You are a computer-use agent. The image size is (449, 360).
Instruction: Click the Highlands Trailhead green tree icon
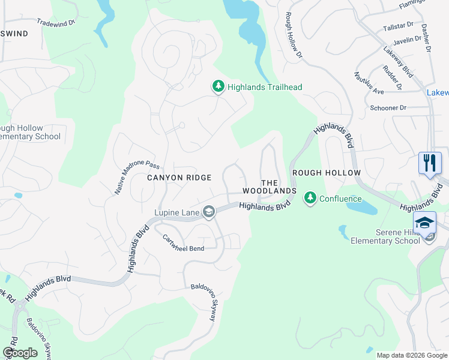(218, 87)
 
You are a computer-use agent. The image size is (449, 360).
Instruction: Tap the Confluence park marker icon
(310, 198)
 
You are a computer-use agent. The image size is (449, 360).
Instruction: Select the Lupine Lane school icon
(208, 211)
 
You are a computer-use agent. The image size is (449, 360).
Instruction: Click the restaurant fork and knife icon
(430, 163)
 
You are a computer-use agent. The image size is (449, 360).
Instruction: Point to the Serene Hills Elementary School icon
(425, 223)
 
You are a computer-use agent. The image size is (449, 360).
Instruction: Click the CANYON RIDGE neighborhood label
(179, 178)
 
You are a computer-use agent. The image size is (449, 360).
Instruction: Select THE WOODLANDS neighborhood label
(270, 187)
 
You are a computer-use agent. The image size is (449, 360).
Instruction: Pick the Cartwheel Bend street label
(184, 244)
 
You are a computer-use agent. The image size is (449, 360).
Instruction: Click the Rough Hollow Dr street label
(292, 35)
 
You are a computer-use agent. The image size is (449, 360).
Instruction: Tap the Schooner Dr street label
(388, 107)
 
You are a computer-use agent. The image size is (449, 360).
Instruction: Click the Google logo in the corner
(20, 353)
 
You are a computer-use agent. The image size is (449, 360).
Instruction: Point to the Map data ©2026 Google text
(411, 355)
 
